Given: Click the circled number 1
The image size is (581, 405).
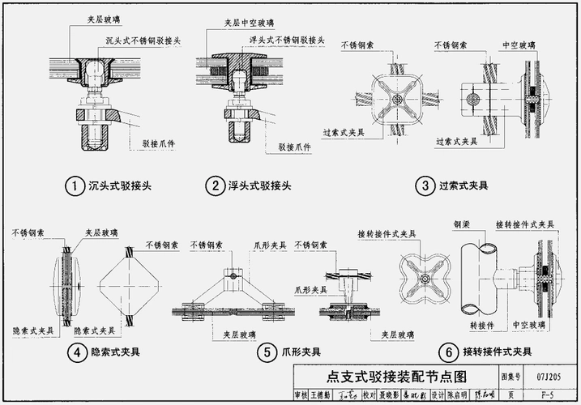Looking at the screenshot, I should tap(75, 187).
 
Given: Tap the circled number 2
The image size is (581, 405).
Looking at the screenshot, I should tap(215, 187).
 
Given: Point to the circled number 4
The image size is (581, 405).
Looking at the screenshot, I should tap(75, 352).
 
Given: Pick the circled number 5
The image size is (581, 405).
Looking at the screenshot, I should tap(267, 352).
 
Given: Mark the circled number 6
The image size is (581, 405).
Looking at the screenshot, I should tap(447, 352).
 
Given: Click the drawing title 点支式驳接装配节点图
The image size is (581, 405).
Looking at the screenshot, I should tap(396, 377).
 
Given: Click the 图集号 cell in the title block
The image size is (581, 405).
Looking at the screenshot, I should tap(510, 377).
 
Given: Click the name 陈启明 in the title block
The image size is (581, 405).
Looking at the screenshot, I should tap(459, 394).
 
